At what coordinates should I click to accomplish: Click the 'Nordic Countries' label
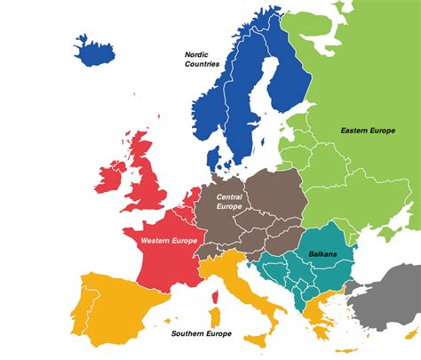tap(203, 59)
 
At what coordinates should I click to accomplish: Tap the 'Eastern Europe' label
tap(367, 131)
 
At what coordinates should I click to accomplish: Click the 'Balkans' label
tap(322, 254)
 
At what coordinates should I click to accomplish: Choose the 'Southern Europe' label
tap(202, 334)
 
